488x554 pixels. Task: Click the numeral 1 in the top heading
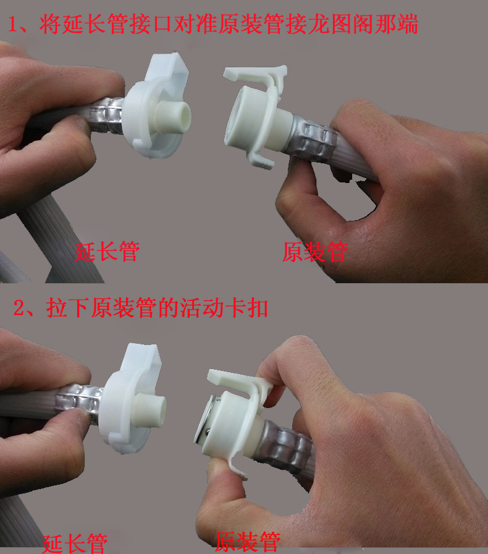(x=13, y=24)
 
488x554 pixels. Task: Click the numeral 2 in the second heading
(x=19, y=308)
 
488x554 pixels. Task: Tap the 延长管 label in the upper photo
(x=107, y=252)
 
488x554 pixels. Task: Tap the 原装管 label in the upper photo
(x=315, y=252)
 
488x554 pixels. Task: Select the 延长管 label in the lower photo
(x=75, y=543)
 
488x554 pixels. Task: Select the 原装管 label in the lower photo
(x=248, y=542)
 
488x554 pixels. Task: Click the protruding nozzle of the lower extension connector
(x=150, y=409)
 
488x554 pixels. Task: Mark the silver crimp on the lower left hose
(x=80, y=403)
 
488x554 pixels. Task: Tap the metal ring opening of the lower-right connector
(x=204, y=420)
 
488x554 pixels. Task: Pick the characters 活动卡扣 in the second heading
(x=224, y=308)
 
